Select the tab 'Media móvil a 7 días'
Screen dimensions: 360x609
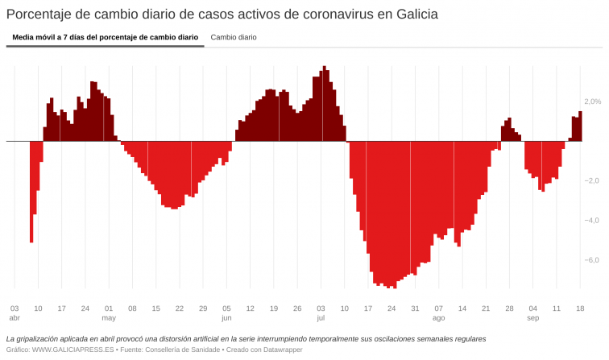pos(105,37)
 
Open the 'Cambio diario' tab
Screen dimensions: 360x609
pos(234,37)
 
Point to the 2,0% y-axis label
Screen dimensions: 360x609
pos(592,101)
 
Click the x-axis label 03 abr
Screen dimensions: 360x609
pos(14,312)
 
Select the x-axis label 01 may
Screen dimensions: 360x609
pos(109,312)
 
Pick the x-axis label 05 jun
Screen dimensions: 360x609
pos(226,312)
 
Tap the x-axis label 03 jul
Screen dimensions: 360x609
pos(321,312)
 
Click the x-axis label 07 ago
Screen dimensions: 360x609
pos(438,312)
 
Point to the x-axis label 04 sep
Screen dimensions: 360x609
pos(532,312)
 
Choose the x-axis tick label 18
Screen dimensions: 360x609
pos(580,308)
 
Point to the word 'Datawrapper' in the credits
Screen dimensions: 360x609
pos(248,350)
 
